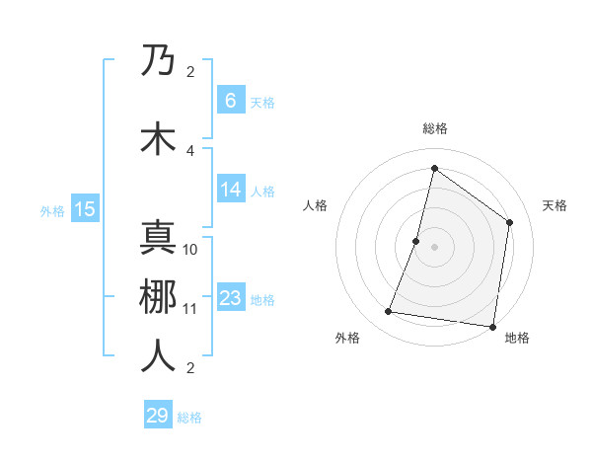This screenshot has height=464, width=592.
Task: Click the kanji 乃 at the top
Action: coord(159,61)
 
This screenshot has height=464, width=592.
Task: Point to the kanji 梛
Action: coord(159,297)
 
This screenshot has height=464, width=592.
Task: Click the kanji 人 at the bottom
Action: coord(159,356)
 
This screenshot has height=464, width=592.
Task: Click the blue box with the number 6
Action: coord(230,101)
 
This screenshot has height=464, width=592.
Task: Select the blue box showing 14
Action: coord(230,190)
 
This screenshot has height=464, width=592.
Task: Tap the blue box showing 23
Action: coord(230,298)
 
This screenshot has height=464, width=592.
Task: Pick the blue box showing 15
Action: coord(85,208)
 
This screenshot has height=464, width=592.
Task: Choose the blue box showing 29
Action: coord(158,416)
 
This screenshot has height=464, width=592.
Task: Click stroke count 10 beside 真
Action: coord(190,249)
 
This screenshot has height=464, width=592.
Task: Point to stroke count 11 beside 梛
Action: coord(190,308)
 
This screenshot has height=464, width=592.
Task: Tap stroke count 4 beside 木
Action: coord(190,150)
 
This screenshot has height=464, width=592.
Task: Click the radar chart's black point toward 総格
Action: coord(434,168)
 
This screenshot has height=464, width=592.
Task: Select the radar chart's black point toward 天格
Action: coord(509,222)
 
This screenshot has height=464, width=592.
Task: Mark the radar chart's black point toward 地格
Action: coord(492,326)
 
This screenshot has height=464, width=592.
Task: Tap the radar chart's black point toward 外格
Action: coord(389,312)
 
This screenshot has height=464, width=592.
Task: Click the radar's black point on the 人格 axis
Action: coord(416,241)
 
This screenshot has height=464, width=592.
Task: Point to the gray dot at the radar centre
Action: coord(434,247)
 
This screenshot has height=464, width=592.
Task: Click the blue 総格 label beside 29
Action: coord(189,418)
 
